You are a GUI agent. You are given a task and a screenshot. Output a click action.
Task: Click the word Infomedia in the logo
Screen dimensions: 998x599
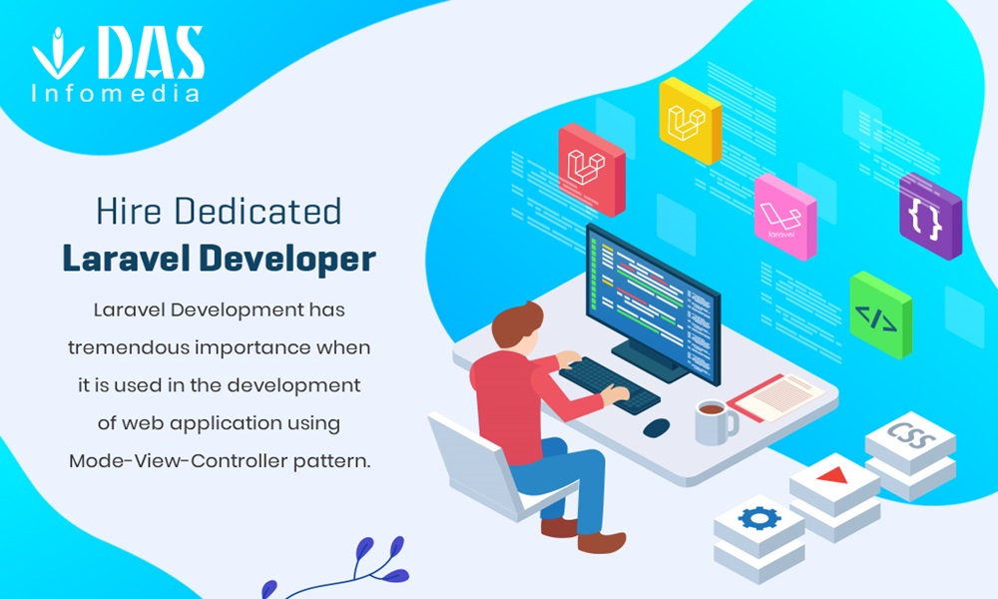tap(115, 94)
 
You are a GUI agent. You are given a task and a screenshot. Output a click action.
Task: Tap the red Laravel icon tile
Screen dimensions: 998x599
tap(591, 170)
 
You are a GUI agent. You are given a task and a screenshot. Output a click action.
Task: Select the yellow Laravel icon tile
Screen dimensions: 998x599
tap(690, 121)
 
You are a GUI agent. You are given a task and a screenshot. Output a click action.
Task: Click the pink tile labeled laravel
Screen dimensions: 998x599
tap(784, 217)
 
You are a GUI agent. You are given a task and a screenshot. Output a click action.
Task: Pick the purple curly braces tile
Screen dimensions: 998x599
tap(930, 217)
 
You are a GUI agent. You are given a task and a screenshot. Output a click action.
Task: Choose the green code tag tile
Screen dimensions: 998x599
tap(880, 314)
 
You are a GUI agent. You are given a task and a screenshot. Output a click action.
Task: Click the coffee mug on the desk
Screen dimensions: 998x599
tap(716, 422)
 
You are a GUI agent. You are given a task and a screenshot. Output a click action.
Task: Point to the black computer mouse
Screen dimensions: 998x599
tap(657, 427)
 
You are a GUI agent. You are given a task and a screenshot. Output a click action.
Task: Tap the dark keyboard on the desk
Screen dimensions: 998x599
tap(609, 384)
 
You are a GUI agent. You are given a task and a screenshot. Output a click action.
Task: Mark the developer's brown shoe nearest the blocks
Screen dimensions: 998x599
tap(602, 542)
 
